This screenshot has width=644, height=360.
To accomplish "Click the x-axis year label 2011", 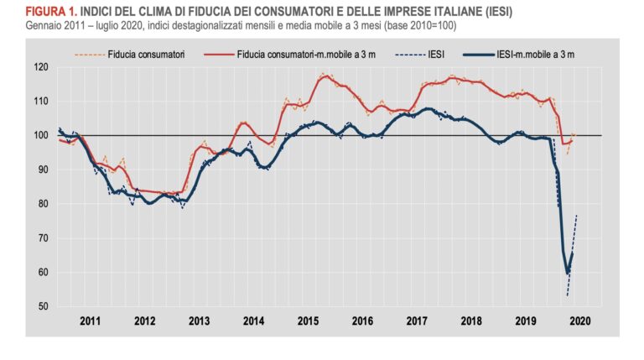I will click(90, 321).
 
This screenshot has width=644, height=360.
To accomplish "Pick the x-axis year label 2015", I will click(309, 321).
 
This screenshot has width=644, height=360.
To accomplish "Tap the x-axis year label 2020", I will click(580, 321).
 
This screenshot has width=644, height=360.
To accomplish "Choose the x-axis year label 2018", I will click(471, 321).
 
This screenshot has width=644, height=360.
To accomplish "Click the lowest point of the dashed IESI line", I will click(567, 295).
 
